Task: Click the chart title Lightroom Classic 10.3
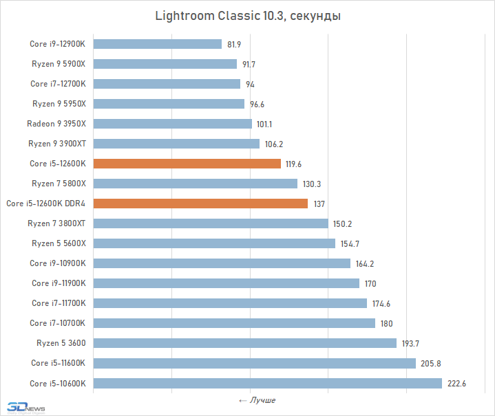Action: tap(248, 14)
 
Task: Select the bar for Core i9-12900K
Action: tap(157, 44)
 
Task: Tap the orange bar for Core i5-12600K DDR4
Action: tap(200, 204)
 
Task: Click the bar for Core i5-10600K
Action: tap(267, 383)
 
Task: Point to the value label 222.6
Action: tap(456, 384)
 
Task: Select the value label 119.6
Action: tap(295, 164)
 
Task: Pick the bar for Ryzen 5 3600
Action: tap(244, 343)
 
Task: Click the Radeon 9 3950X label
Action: tap(56, 124)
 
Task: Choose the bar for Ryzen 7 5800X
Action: tap(195, 184)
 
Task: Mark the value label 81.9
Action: tap(234, 45)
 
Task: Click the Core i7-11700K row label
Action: tap(59, 303)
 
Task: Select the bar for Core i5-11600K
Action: tap(254, 363)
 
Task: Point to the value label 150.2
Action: tap(342, 223)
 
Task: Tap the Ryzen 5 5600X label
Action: tap(59, 243)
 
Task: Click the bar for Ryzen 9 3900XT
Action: tap(176, 144)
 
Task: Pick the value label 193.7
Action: tap(410, 343)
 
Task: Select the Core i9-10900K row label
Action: tap(57, 263)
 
